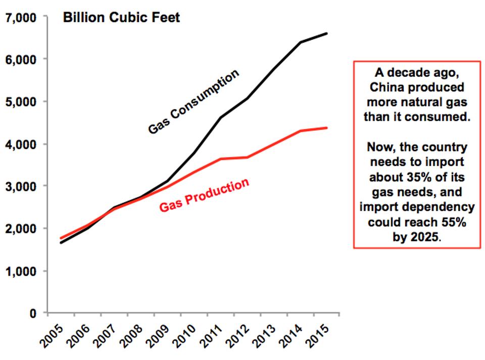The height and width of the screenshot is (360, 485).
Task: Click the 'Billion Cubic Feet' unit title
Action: (121, 18)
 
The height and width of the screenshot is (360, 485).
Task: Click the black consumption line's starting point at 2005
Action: (61, 243)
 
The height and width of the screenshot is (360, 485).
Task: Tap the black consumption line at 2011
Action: (220, 118)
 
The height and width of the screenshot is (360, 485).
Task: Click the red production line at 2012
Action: (247, 157)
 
